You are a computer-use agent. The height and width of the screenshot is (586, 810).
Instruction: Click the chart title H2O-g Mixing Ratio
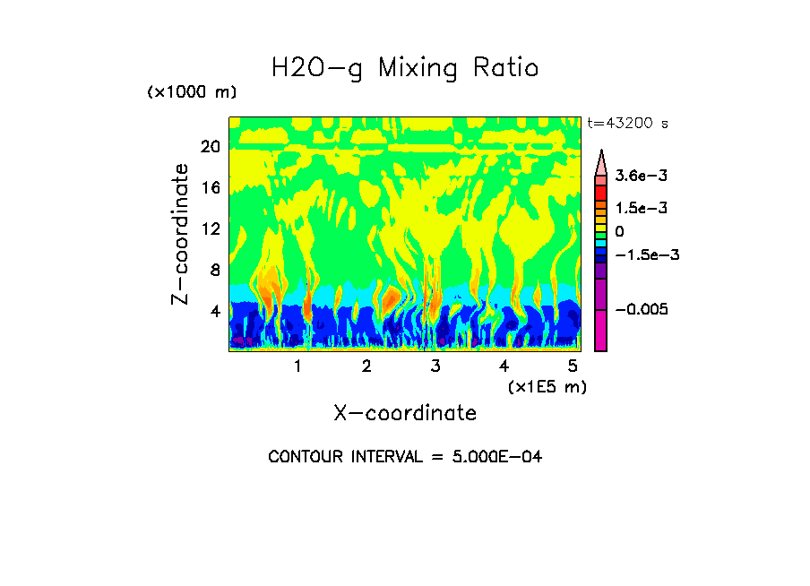[405, 68]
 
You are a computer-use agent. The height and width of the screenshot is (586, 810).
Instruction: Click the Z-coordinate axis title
[181, 234]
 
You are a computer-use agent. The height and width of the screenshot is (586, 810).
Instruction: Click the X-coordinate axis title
[405, 413]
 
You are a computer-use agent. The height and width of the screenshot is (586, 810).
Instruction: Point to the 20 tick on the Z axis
[210, 146]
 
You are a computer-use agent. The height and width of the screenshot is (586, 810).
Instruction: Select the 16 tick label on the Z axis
[210, 187]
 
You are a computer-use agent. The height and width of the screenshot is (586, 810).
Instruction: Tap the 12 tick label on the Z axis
[210, 228]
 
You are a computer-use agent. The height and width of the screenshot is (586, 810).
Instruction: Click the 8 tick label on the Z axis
[214, 270]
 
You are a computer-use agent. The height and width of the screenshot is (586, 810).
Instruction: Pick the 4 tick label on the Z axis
[214, 311]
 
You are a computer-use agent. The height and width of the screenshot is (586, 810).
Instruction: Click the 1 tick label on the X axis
[297, 366]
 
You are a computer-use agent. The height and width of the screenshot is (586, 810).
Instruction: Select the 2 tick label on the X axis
[366, 366]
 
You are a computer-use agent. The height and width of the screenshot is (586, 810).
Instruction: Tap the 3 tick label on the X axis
[435, 366]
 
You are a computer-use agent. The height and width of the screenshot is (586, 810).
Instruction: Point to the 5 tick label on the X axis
[573, 366]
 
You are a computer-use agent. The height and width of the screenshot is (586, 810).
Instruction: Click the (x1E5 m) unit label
[547, 386]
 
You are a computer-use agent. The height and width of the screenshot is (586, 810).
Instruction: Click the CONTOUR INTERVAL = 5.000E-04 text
[405, 457]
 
